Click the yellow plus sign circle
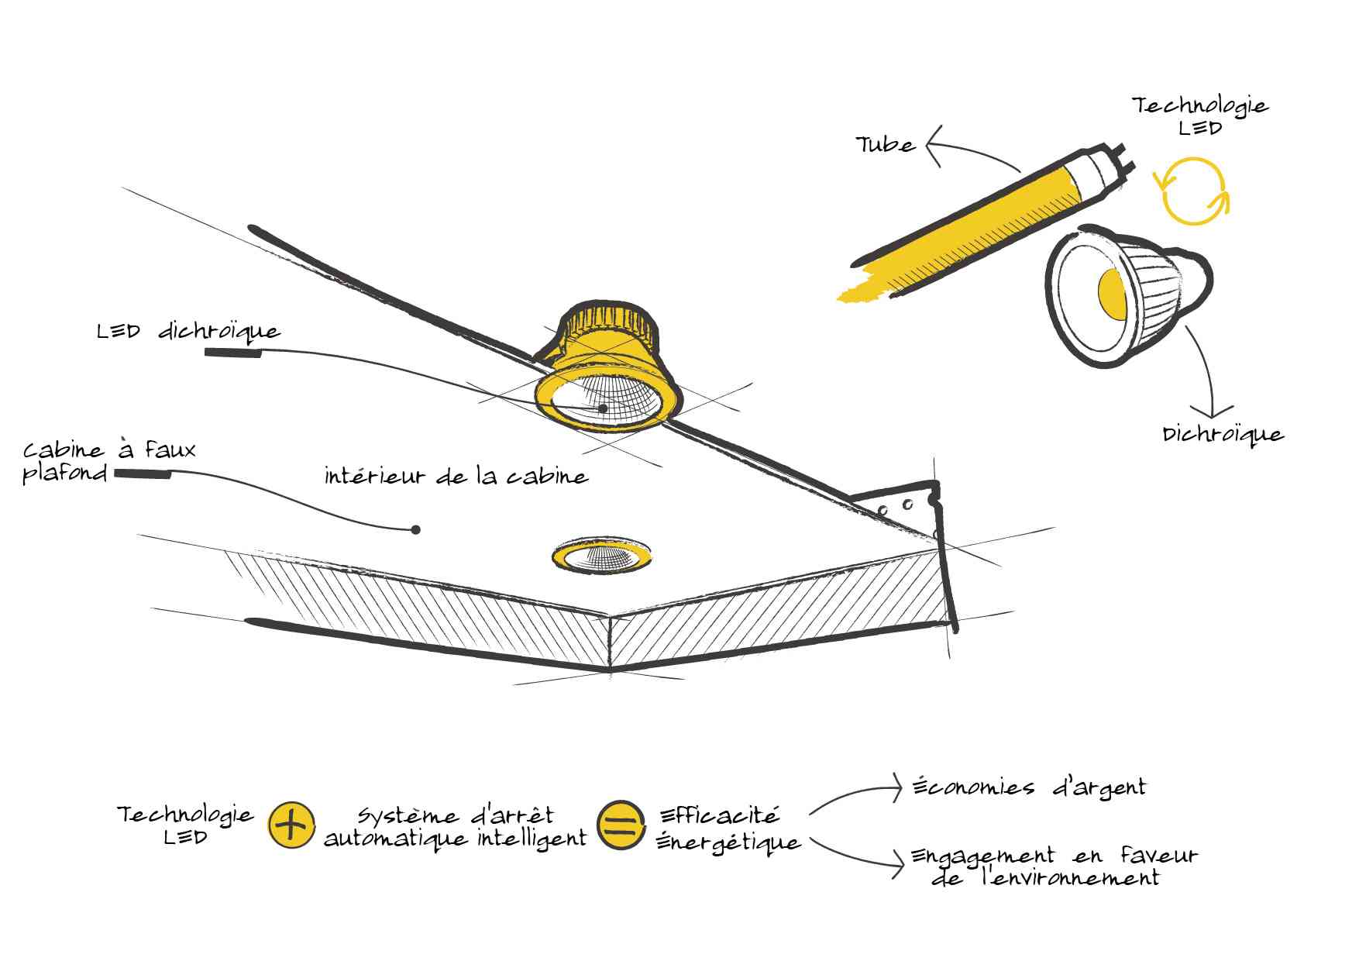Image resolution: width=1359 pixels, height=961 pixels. [291, 825]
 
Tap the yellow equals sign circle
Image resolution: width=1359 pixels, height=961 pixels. [621, 825]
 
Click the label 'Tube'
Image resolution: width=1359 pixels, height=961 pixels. [886, 145]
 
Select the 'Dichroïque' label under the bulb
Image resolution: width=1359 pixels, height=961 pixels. [1223, 435]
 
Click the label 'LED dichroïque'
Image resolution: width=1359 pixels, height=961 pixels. [188, 332]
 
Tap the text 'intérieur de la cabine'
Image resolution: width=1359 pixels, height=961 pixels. [456, 476]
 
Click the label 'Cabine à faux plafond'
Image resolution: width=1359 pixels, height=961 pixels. [108, 462]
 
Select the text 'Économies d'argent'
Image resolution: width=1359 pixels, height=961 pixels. [1029, 787]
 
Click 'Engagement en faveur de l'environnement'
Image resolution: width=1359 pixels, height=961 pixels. [1054, 867]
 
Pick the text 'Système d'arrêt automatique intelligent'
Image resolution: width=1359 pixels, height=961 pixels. [456, 828]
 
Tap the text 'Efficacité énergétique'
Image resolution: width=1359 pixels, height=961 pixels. [728, 828]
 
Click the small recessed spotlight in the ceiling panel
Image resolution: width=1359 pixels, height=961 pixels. [602, 555]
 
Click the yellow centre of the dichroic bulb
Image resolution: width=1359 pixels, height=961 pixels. [1111, 294]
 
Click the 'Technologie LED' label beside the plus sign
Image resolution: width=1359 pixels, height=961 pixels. [185, 825]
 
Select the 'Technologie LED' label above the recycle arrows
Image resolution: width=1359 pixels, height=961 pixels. [1200, 115]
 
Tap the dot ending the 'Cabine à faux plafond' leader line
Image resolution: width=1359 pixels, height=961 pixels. [416, 530]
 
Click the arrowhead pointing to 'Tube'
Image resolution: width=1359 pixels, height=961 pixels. [933, 146]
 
